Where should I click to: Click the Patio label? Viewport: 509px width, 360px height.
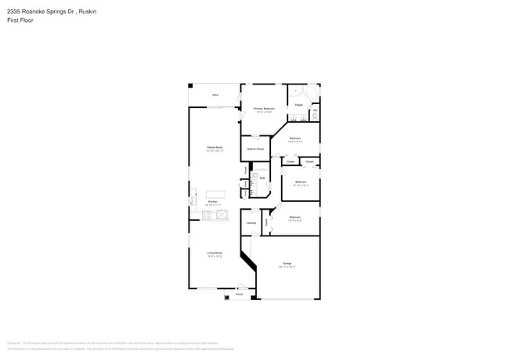[x=215, y=95]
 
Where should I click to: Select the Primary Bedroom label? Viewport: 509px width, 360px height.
[x=264, y=109]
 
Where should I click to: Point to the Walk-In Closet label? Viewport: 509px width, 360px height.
[x=255, y=148]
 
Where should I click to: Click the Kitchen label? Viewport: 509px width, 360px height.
[x=212, y=202]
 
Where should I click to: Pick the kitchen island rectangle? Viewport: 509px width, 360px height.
[x=215, y=193]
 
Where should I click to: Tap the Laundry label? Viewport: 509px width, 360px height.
[x=251, y=223]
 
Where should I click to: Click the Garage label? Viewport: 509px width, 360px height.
[x=287, y=264]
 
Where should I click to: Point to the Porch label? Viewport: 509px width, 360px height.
[x=228, y=294]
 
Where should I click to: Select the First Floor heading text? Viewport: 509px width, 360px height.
[x=21, y=20]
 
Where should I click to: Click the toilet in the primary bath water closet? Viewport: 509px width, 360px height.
[x=316, y=114]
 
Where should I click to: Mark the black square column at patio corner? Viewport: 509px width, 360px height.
[x=190, y=85]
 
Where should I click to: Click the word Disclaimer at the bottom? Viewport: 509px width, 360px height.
[x=14, y=343]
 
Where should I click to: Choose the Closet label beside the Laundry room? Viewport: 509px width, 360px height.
[x=266, y=222]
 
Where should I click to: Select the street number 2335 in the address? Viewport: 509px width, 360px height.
[x=14, y=12]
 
